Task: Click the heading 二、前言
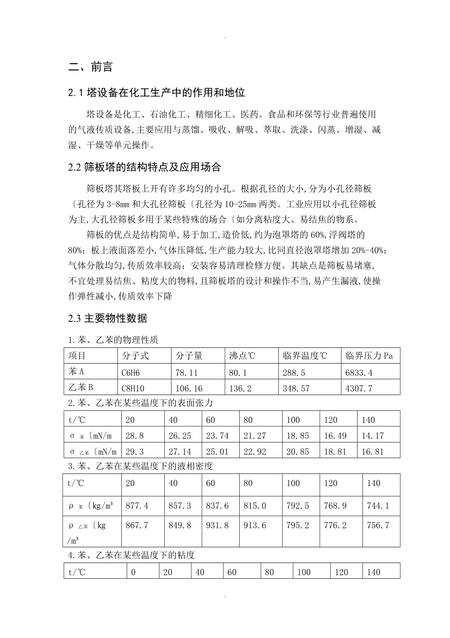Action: pyautogui.click(x=90, y=68)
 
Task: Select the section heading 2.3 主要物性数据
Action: pyautogui.click(x=108, y=319)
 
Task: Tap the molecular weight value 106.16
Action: pyautogui.click(x=186, y=389)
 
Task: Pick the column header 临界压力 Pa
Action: pyautogui.click(x=369, y=356)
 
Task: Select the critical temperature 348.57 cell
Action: pyautogui.click(x=296, y=389)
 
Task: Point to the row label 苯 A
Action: pyautogui.click(x=77, y=372)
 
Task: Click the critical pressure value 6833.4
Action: pyautogui.click(x=359, y=373)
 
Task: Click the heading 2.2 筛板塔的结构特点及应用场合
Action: pyautogui.click(x=145, y=168)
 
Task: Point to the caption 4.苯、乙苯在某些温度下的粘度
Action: pyautogui.click(x=131, y=555)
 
